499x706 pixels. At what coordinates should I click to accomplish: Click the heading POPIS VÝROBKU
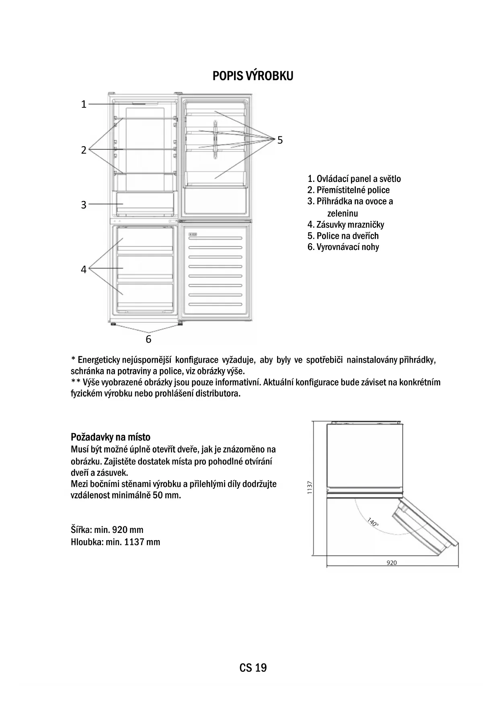tap(253, 76)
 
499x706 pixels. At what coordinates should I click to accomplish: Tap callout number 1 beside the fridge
tap(84, 104)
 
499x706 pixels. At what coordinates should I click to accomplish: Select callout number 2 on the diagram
tap(84, 150)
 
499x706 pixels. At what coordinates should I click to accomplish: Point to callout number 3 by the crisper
tap(84, 205)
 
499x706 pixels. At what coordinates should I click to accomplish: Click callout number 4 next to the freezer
tap(84, 269)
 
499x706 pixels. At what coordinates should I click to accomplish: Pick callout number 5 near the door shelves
tap(280, 140)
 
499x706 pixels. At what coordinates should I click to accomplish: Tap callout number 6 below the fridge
tap(148, 339)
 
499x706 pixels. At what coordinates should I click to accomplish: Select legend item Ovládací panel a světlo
tap(354, 179)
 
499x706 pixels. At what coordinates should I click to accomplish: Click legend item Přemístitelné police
tap(348, 190)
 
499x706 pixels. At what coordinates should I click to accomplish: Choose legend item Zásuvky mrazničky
tap(345, 225)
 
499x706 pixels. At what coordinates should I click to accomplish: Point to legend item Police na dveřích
tap(343, 236)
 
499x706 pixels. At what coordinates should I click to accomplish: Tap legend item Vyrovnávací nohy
tap(343, 247)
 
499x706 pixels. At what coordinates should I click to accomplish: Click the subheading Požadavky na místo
tap(111, 437)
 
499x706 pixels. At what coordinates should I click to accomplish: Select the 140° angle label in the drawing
tap(373, 522)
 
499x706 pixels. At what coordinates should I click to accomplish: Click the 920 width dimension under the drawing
tap(391, 563)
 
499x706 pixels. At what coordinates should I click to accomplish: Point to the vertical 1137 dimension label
tap(310, 488)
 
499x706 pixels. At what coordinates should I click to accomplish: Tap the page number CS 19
tap(253, 668)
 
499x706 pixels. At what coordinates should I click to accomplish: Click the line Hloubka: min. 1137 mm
tap(115, 542)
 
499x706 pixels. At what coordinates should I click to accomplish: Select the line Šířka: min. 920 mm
tap(107, 530)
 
